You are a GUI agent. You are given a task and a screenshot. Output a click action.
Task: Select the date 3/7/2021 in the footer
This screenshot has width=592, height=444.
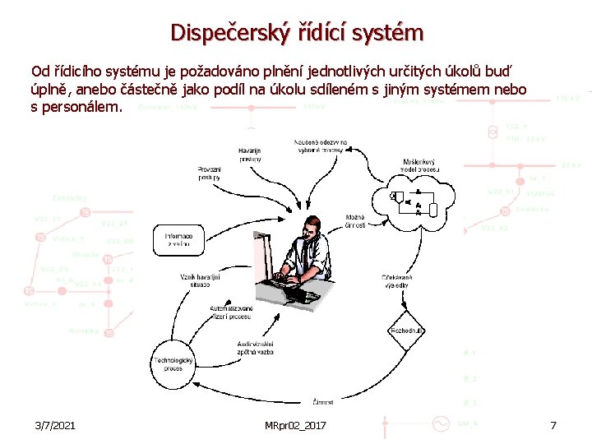coord(56,425)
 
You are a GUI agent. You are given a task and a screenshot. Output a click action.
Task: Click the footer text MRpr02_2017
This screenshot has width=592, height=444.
coord(295,425)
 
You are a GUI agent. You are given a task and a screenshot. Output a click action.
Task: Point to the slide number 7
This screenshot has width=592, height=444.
coord(553,425)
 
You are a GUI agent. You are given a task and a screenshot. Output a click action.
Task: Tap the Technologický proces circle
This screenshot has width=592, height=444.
coord(173,364)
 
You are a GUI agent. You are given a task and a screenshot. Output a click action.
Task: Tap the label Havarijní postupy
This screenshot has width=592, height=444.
coord(250,155)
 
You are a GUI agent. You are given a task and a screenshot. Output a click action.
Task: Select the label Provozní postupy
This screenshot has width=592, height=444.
coord(209,173)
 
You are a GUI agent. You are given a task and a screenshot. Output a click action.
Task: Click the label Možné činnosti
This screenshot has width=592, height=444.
coord(355,222)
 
